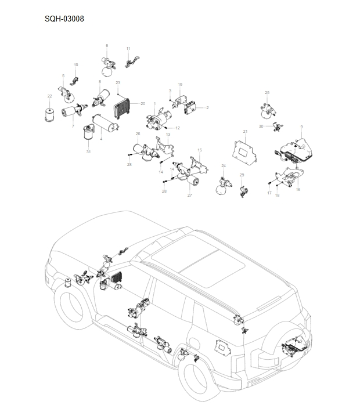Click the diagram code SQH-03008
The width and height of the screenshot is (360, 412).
[x=64, y=19]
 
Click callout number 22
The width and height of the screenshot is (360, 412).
[x=49, y=96]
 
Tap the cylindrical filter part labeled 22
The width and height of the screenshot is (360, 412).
[x=50, y=114]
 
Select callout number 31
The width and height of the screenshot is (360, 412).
[x=88, y=152]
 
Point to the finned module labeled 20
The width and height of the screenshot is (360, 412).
[x=121, y=107]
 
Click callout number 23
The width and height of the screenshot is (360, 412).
[x=118, y=83]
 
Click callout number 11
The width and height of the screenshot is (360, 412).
[x=128, y=48]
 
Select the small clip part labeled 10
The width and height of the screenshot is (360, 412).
[x=74, y=79]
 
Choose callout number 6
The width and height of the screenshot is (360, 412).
[x=107, y=45]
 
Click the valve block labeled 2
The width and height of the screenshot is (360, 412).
[x=192, y=107]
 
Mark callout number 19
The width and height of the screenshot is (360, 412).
[x=180, y=85]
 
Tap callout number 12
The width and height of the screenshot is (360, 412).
[x=178, y=128]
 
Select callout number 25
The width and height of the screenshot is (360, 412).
[x=267, y=92]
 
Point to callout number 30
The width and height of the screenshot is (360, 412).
[x=261, y=126]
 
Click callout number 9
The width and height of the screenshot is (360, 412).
[x=301, y=127]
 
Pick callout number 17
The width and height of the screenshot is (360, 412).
[x=269, y=192]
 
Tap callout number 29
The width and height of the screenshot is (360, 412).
[x=242, y=175]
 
